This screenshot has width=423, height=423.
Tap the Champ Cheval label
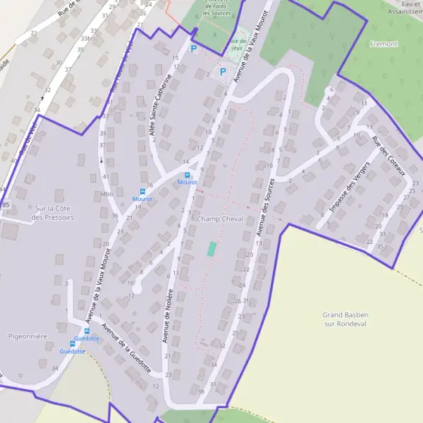click(220, 219)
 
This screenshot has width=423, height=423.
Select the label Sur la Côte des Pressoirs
click(54, 213)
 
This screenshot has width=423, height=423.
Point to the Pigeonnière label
click(28, 336)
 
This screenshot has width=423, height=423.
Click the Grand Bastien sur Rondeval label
click(346, 319)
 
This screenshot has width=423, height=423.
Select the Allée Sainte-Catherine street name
click(160, 105)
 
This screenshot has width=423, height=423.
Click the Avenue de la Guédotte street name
click(127, 347)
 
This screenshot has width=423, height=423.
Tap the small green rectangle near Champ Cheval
click(211, 249)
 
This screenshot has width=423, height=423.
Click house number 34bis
click(106, 193)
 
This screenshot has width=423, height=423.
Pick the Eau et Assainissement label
click(405, 8)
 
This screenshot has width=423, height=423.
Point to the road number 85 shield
click(6, 204)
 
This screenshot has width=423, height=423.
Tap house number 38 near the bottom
click(201, 391)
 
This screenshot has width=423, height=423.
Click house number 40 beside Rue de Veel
click(13, 160)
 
